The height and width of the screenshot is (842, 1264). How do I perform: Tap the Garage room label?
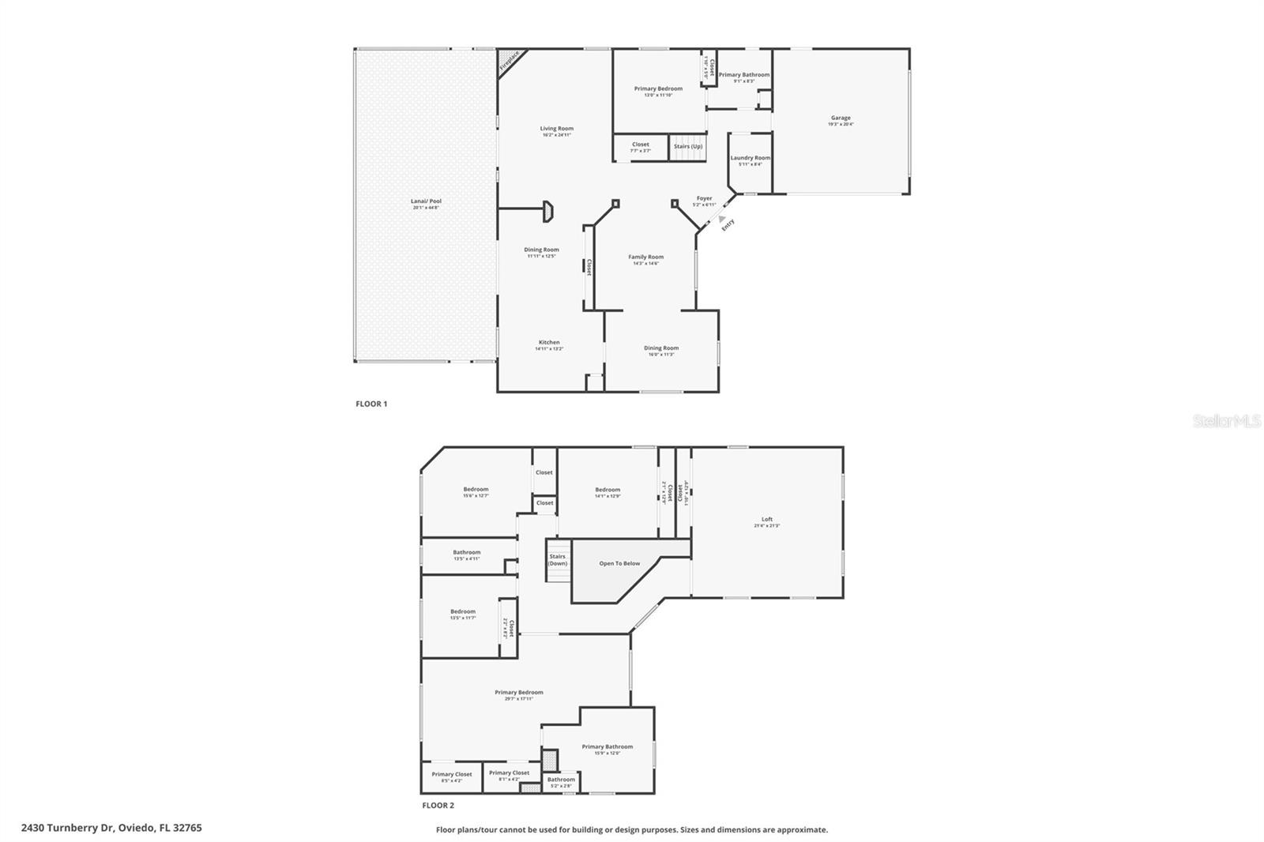point(841,118)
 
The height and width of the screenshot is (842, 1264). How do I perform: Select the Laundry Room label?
point(750,158)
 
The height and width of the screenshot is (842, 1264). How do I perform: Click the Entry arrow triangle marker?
point(721,218)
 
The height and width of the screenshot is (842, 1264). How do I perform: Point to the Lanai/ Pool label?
point(426,201)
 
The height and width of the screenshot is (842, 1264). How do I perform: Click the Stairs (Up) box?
point(687,146)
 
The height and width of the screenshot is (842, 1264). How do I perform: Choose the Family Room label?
point(645,257)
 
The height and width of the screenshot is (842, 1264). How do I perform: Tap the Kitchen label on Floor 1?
point(549,342)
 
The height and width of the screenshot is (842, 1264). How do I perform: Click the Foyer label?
point(704,198)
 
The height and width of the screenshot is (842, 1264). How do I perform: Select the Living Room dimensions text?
point(556,135)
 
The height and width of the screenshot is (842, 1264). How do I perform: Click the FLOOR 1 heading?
point(371,404)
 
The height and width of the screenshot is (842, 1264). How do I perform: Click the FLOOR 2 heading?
point(438,806)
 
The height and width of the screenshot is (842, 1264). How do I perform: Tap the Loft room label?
point(766,519)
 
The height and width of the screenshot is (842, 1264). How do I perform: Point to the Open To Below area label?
point(619,563)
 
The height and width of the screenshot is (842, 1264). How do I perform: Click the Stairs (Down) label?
point(558,559)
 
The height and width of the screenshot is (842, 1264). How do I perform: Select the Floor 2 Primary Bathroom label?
point(607,746)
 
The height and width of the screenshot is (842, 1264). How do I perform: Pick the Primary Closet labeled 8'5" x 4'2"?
point(452,774)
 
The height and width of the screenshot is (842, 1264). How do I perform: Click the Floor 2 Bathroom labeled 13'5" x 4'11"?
point(466,552)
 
